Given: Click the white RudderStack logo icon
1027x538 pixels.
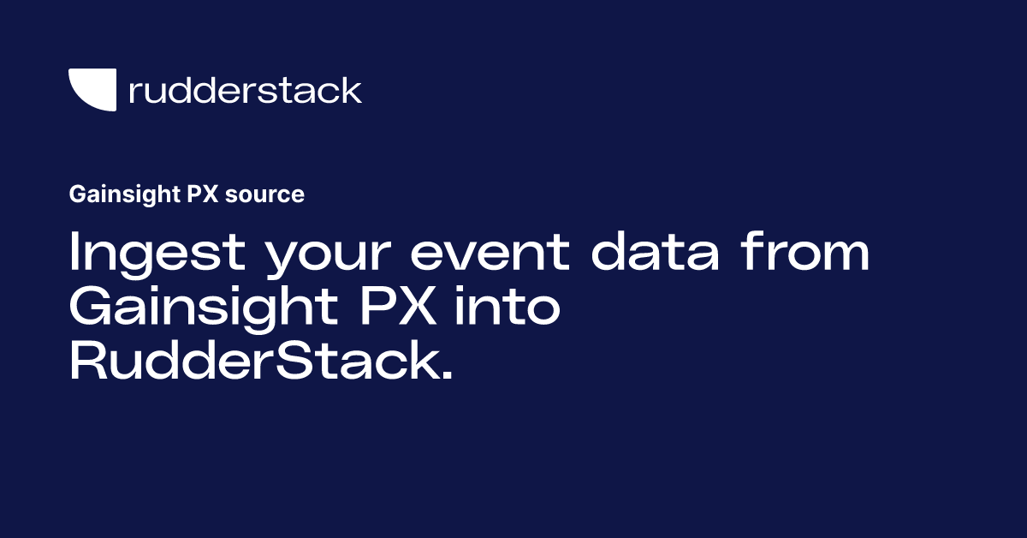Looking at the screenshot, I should tap(92, 89).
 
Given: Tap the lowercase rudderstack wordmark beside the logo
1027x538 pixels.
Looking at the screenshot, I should tap(245, 90).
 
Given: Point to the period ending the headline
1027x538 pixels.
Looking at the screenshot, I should tap(442, 376).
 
